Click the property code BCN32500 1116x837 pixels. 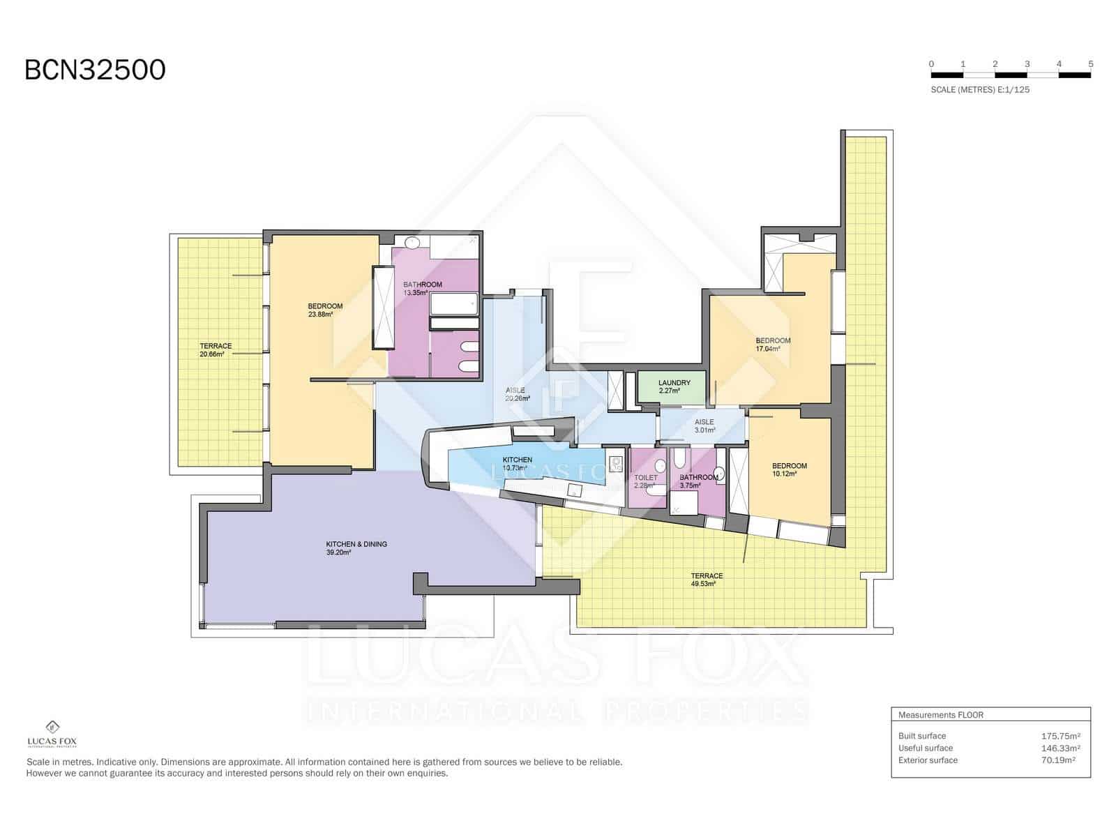pyautogui.click(x=95, y=70)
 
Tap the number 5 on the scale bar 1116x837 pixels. pyautogui.click(x=1090, y=64)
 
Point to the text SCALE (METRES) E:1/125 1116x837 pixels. pyautogui.click(x=979, y=90)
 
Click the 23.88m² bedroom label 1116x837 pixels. pyautogui.click(x=325, y=310)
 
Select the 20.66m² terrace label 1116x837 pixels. pyautogui.click(x=216, y=350)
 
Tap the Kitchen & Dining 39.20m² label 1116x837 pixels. pyautogui.click(x=356, y=548)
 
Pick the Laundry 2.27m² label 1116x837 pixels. pyautogui.click(x=674, y=386)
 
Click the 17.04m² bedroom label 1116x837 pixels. pyautogui.click(x=773, y=345)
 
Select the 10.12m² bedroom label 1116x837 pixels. pyautogui.click(x=789, y=469)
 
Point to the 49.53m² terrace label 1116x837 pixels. pyautogui.click(x=707, y=580)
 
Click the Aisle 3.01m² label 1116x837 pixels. pyautogui.click(x=704, y=426)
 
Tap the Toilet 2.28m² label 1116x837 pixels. pyautogui.click(x=645, y=481)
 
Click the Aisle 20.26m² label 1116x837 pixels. pyautogui.click(x=517, y=395)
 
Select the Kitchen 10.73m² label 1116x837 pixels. pyautogui.click(x=517, y=464)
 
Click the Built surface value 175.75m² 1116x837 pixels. pyautogui.click(x=1060, y=736)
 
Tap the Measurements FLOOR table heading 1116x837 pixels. pyautogui.click(x=940, y=715)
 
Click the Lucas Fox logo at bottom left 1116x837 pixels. pyautogui.click(x=52, y=734)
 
